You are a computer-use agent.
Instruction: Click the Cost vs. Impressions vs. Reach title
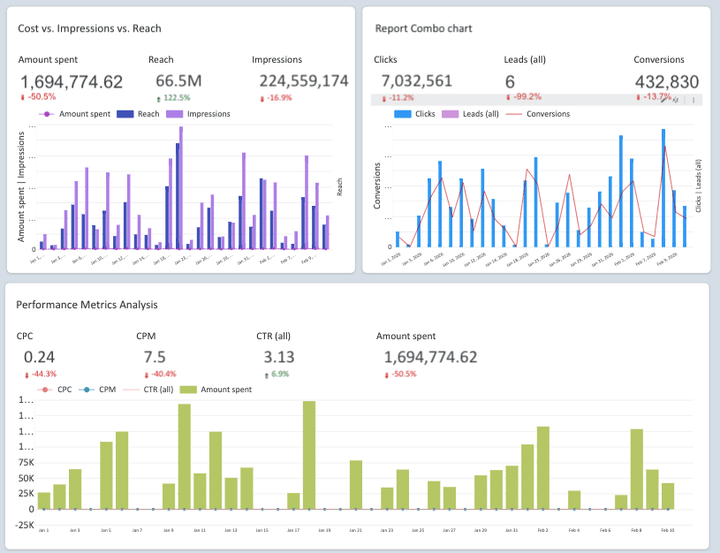pyautogui.click(x=89, y=28)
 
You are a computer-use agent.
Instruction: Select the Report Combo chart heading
pyautogui.click(x=423, y=28)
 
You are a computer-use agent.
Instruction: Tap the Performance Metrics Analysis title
pyautogui.click(x=87, y=305)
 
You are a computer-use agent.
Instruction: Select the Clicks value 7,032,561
pyautogui.click(x=416, y=81)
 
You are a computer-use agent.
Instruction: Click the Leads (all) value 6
pyautogui.click(x=510, y=81)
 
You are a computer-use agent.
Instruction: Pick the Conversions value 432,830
pyautogui.click(x=667, y=81)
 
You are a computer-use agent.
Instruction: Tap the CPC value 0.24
pyautogui.click(x=40, y=357)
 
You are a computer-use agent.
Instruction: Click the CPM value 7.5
pyautogui.click(x=155, y=357)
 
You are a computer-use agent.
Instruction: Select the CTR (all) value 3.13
pyautogui.click(x=279, y=357)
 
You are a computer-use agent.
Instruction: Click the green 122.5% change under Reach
pyautogui.click(x=174, y=97)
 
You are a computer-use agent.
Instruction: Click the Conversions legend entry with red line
pyautogui.click(x=548, y=114)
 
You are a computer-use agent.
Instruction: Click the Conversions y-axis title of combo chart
pyautogui.click(x=377, y=186)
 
